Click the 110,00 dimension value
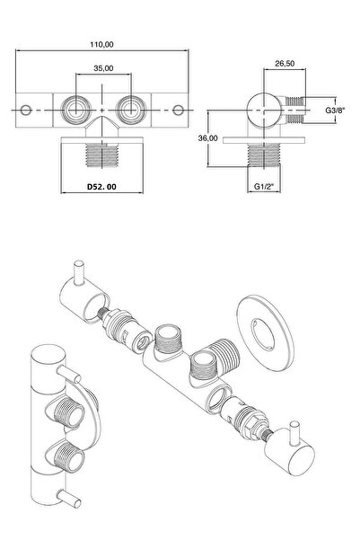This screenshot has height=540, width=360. coord(101,44)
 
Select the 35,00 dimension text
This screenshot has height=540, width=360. coord(103,68)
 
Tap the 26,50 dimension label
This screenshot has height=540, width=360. coord(285,64)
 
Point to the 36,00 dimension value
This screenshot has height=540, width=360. coord(208,138)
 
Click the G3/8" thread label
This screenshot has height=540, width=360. coord(335,111)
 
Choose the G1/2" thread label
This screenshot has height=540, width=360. coord(264,186)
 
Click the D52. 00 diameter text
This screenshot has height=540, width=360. coord(101,187)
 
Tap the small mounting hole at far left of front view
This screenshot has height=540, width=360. coord(26,111)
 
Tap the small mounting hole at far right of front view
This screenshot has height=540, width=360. coord(178,111)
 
